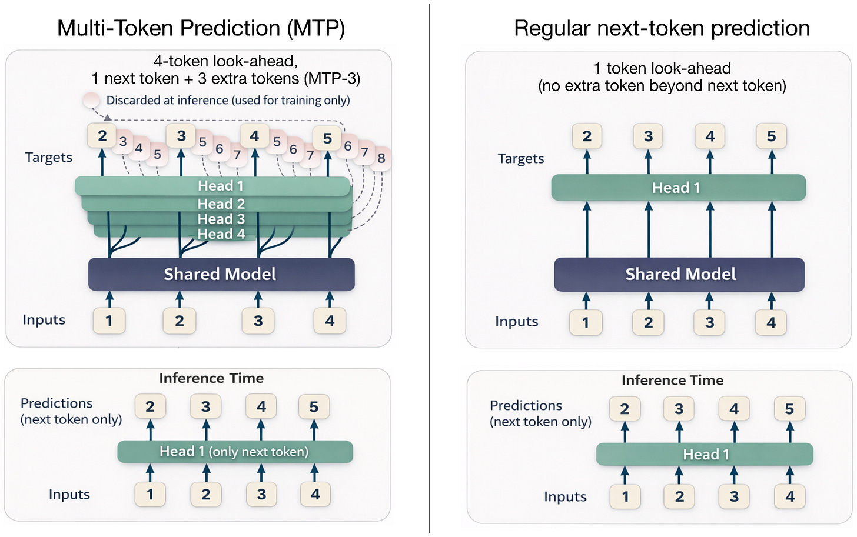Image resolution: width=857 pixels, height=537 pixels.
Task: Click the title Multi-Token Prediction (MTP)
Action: click(x=201, y=28)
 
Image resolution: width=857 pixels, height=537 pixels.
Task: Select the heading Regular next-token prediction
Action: click(x=662, y=28)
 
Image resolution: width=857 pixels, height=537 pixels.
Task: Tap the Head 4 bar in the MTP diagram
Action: click(x=221, y=234)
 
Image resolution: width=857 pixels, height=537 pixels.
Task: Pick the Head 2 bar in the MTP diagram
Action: click(x=221, y=204)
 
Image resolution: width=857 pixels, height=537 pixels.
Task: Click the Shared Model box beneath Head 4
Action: click(x=221, y=274)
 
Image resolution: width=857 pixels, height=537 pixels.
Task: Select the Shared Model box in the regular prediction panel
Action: click(x=680, y=274)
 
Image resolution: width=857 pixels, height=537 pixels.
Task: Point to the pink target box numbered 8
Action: click(x=381, y=158)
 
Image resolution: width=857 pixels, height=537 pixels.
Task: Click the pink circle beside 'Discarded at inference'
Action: click(x=91, y=100)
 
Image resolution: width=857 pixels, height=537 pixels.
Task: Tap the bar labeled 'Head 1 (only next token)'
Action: click(x=234, y=452)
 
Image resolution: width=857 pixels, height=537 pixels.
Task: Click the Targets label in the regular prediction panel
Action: click(x=521, y=159)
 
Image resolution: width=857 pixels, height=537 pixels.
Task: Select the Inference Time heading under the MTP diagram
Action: click(x=211, y=378)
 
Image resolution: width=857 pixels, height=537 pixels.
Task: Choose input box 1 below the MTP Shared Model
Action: click(x=109, y=321)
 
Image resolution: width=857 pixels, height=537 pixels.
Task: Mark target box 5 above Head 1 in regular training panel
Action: click(x=771, y=136)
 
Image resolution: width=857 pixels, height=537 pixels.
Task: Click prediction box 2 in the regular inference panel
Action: click(x=625, y=409)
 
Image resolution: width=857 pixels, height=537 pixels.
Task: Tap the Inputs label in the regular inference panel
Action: click(x=565, y=497)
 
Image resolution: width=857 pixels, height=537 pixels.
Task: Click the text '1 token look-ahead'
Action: click(x=662, y=68)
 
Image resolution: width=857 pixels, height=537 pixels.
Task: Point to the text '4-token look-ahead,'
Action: click(x=225, y=61)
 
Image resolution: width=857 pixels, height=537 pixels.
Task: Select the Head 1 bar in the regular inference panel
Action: click(x=705, y=455)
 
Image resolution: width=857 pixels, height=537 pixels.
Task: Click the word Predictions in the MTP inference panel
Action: click(x=57, y=403)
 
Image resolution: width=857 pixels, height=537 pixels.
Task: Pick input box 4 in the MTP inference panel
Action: click(x=315, y=495)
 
